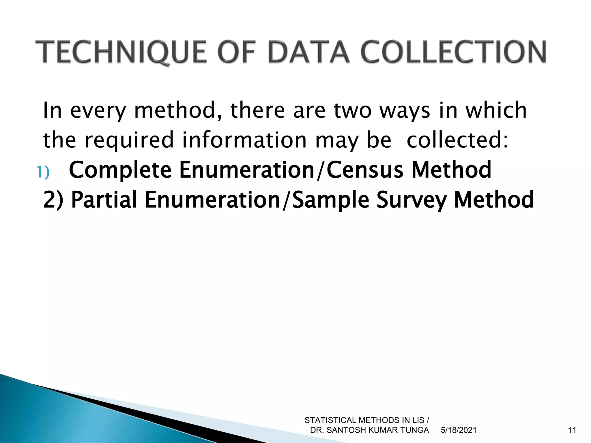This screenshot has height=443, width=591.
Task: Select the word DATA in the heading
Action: point(309,52)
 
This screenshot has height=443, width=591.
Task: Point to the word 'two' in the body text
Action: point(353,110)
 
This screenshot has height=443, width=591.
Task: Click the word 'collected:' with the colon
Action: point(457,140)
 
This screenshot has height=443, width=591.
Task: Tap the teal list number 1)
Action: point(43,172)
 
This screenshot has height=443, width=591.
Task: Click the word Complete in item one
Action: point(120,170)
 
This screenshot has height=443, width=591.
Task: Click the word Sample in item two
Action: point(331,200)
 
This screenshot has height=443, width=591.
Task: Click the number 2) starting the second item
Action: point(53,200)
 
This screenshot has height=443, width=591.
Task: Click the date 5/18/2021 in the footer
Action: point(459,430)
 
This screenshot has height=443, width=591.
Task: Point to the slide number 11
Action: point(572,430)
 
